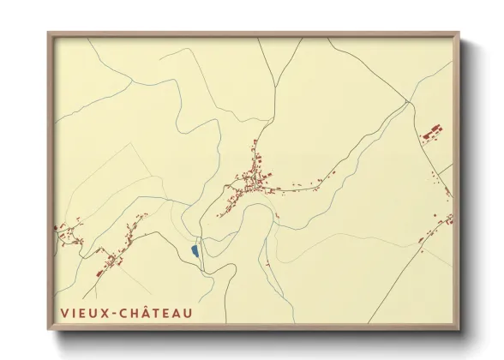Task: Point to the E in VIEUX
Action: pyautogui.click(x=85, y=313)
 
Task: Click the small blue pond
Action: pyautogui.click(x=195, y=250)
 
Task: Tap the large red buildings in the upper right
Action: pyautogui.click(x=430, y=134)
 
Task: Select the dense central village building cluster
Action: pyautogui.click(x=254, y=181)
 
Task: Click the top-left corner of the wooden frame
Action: pyautogui.click(x=49, y=33)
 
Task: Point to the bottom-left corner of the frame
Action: pyautogui.click(x=49, y=329)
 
